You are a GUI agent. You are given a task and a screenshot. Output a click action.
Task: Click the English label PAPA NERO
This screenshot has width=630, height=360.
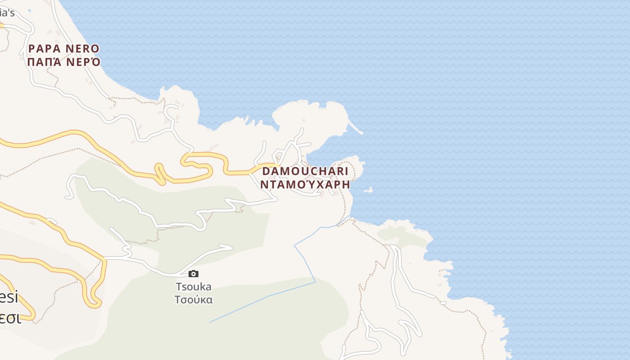pos(63,49)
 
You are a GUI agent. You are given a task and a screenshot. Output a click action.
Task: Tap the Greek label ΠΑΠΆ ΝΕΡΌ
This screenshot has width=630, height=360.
pos(63,62)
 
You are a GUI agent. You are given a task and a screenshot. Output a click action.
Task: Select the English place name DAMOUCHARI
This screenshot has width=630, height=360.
pos(305,171)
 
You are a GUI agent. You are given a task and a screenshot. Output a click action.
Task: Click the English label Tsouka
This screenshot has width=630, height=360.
pos(193,287)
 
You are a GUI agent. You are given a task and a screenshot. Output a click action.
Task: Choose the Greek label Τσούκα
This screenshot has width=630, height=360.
pos(193,300)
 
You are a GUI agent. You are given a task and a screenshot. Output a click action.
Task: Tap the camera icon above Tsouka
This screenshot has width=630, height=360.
pos(193,274)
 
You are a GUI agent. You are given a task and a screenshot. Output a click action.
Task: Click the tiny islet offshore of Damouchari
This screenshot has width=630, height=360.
pos(368,190)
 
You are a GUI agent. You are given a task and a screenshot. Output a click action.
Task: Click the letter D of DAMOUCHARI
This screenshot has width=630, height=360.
pos(266,171)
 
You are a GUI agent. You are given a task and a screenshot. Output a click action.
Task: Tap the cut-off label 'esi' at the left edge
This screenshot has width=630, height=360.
pos(9,297)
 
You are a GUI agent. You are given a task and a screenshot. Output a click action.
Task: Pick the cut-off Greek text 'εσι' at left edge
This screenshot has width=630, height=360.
pos(10,318)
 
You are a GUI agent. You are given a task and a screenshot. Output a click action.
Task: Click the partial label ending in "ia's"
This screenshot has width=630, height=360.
pos(7,13)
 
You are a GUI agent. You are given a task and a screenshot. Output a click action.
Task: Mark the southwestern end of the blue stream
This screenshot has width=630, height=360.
pos(210,322)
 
